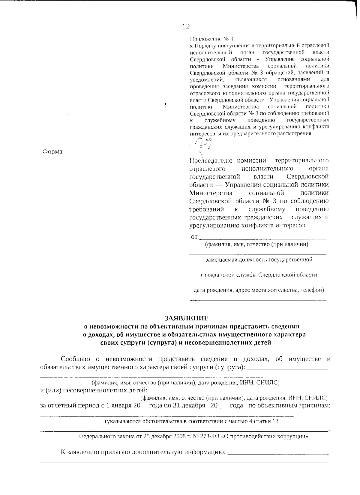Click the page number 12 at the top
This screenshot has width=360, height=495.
pos(186,27)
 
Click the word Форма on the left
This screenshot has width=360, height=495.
pos(52,152)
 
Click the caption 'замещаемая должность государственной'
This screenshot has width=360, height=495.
pos(259,260)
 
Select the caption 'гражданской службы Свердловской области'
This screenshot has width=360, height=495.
pos(259,275)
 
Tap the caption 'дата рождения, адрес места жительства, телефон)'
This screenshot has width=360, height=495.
pos(259,290)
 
